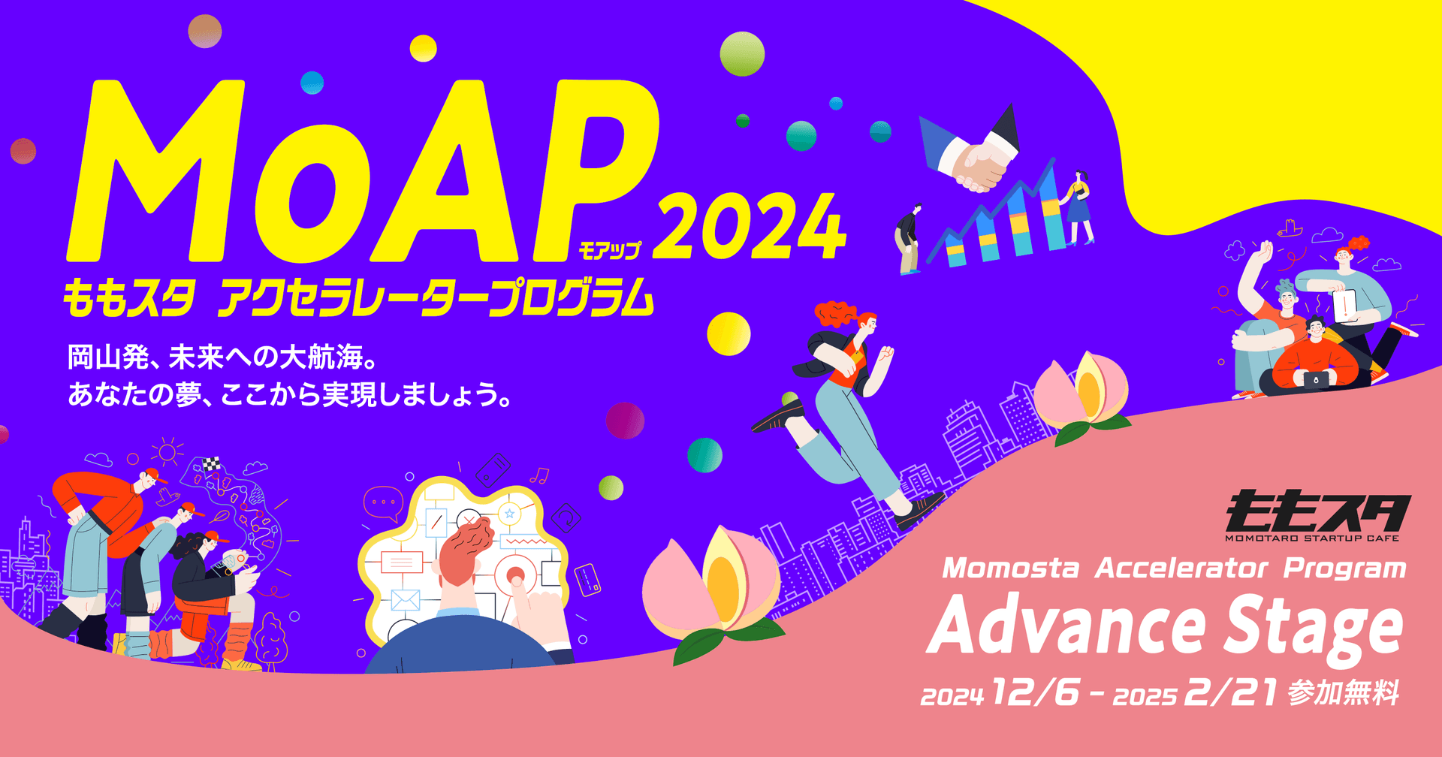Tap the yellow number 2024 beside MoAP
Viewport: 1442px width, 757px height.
750,226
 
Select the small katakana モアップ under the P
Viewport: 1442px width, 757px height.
610,250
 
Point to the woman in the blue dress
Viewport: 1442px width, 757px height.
1078,207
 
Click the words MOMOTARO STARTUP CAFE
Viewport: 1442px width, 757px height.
1312,538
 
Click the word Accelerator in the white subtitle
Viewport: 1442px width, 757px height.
1181,569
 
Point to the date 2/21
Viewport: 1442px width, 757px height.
1230,692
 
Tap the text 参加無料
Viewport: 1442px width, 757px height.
1344,692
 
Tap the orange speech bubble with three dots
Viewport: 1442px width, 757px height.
384,503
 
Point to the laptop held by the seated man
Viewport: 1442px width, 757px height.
1315,379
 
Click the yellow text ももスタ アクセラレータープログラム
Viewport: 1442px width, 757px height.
359,297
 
